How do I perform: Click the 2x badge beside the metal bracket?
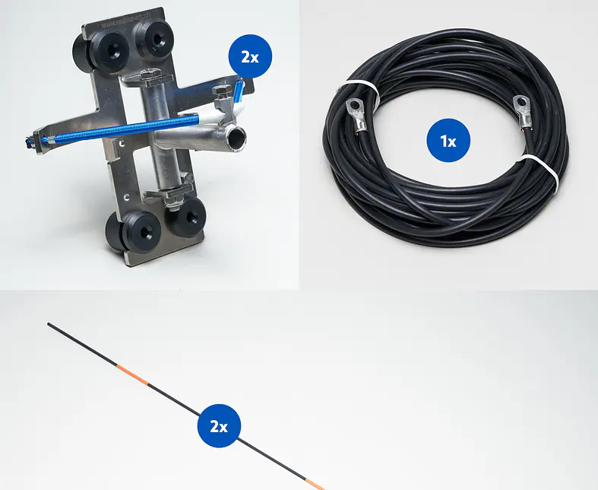point(250,56)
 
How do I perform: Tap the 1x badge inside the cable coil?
point(448,141)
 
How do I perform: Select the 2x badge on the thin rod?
point(219,426)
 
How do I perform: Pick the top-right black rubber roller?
point(153,40)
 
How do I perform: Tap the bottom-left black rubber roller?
point(133,231)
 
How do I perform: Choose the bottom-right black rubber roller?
point(186,217)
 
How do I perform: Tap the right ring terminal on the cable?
point(524,112)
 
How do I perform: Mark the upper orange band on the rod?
point(132,374)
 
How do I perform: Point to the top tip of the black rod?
point(49,324)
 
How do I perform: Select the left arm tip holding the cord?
point(34,142)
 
